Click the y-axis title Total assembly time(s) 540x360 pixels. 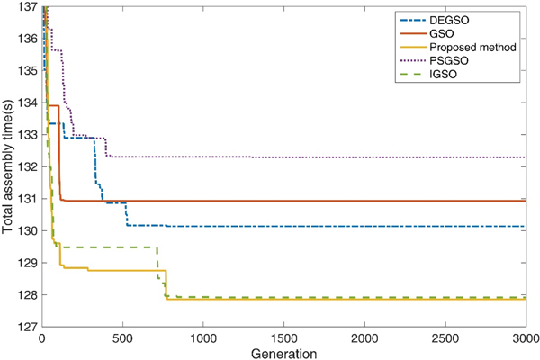click(8, 166)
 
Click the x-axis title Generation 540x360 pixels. click(283, 352)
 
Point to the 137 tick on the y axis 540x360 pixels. click(26, 7)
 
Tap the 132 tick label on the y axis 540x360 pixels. click(26, 166)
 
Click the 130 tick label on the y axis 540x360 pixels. click(26, 230)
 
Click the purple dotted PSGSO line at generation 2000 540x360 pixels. click(364, 157)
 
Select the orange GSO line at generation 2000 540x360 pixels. click(364, 201)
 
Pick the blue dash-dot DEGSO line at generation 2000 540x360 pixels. click(364, 226)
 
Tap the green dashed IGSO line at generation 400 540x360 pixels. click(106, 247)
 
